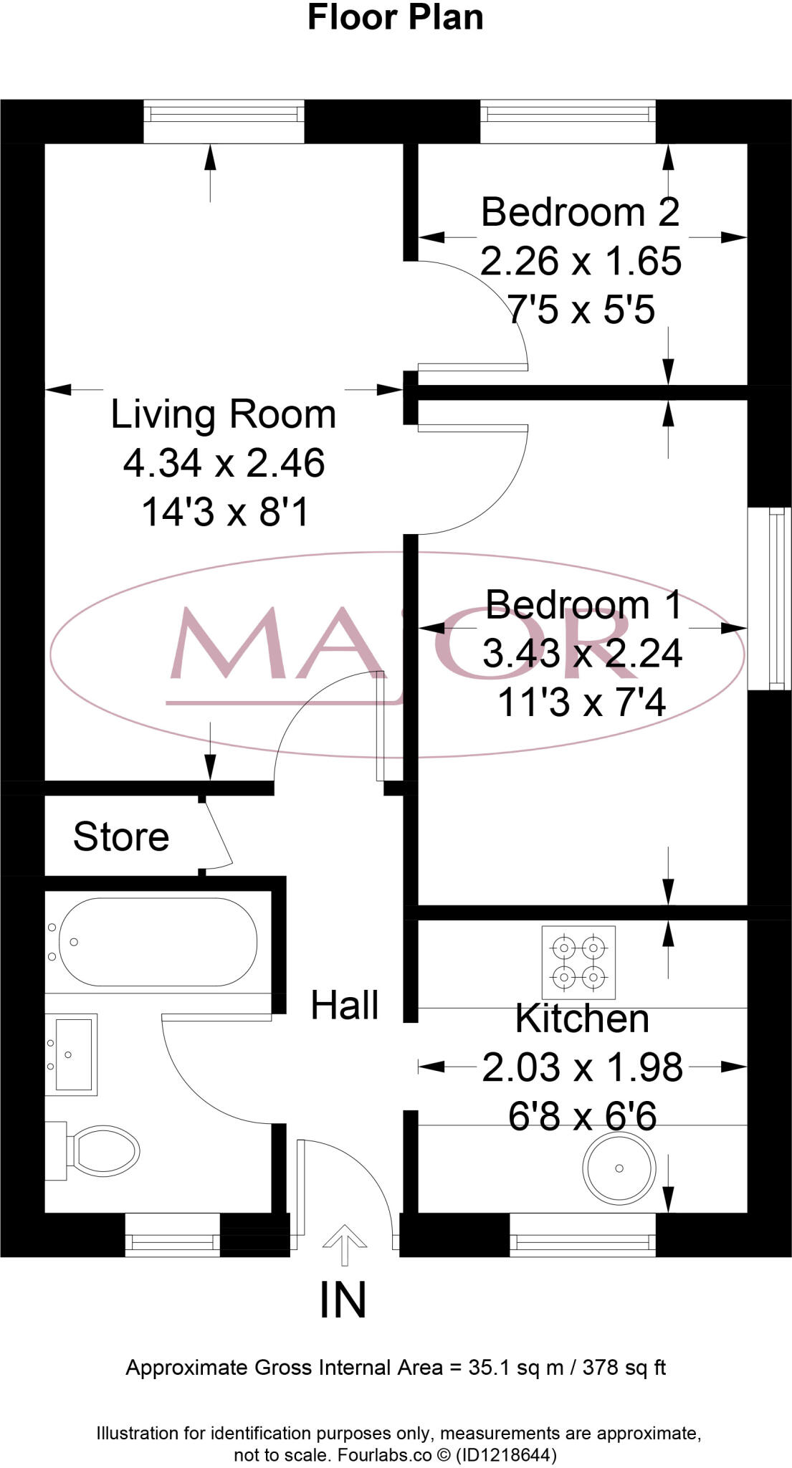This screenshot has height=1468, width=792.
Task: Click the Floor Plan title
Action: click(395, 17)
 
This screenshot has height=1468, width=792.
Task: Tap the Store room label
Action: click(121, 837)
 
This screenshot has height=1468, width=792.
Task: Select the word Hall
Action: click(344, 1005)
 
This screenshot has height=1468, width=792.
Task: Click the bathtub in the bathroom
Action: click(158, 942)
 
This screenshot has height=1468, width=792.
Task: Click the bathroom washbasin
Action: click(70, 1054)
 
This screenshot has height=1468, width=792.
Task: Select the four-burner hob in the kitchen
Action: click(578, 963)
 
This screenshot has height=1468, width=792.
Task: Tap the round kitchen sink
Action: click(619, 1168)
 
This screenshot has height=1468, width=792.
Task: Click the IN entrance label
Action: click(343, 1301)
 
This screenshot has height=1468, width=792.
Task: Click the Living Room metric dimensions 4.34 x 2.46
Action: click(224, 463)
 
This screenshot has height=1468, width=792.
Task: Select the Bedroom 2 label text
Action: click(580, 212)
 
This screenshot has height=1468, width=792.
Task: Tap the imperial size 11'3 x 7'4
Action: click(581, 702)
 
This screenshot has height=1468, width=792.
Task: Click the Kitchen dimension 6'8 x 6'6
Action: click(582, 1117)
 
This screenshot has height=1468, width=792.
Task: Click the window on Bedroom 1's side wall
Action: click(769, 599)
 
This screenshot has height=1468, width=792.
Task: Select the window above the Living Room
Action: click(224, 121)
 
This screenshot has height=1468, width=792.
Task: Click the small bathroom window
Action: click(172, 1235)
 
